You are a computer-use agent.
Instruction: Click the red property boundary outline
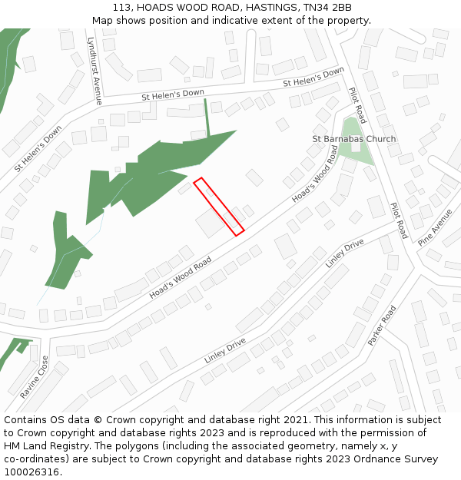tap(219, 207)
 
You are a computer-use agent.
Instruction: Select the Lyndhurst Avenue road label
tap(95, 71)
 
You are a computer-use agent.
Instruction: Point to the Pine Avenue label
tap(436, 227)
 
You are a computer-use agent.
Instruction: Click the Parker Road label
tap(382, 325)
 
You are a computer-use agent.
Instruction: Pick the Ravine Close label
tap(35, 377)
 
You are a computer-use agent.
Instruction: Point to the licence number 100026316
tap(32, 472)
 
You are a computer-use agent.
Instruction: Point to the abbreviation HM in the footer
tap(13, 446)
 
